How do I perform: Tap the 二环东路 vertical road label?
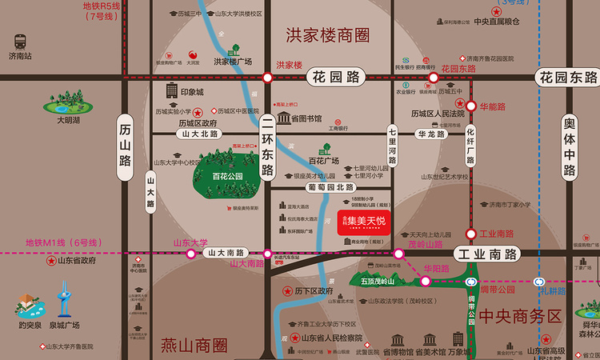(x=267, y=148)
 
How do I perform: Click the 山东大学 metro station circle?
(x=191, y=254)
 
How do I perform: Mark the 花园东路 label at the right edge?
(x=567, y=78)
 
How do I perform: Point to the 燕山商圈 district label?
(x=193, y=346)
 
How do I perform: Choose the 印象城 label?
(x=192, y=92)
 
